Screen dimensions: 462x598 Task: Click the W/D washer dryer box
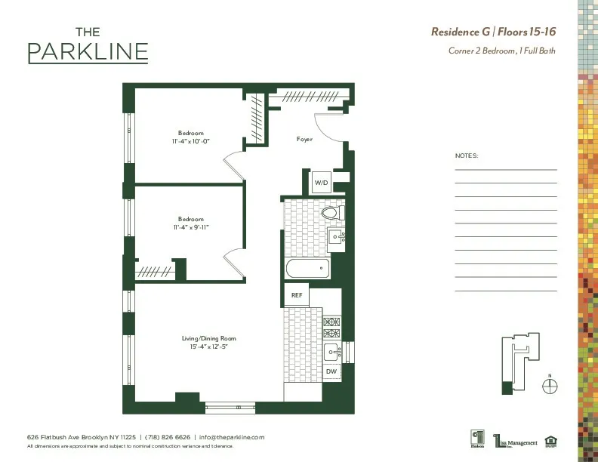click(322, 183)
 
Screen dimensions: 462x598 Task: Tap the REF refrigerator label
click(297, 295)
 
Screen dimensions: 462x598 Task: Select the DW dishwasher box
click(331, 372)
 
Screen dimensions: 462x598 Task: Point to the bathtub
click(307, 268)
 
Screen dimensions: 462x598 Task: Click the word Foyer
click(304, 140)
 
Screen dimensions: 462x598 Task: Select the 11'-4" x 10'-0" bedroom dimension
click(191, 140)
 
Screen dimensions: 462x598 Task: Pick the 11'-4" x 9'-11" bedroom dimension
click(191, 226)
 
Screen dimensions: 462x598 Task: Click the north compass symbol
click(551, 386)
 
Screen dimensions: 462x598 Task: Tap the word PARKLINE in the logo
click(88, 52)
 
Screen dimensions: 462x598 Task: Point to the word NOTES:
click(467, 156)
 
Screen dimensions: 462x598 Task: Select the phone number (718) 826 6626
click(167, 437)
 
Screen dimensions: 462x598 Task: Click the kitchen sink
click(331, 351)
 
